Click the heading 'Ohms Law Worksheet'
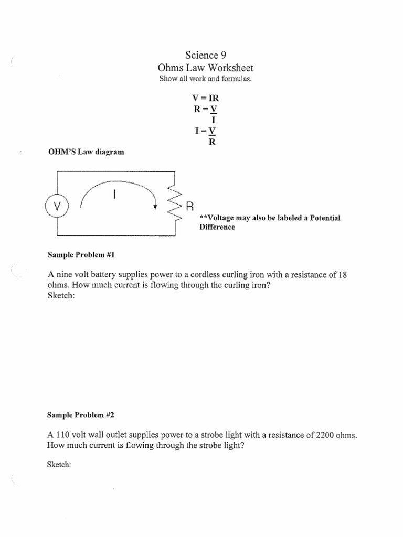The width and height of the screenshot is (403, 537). (x=206, y=68)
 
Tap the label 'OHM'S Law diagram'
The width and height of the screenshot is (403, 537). (x=86, y=152)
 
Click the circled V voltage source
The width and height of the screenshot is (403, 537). (x=58, y=206)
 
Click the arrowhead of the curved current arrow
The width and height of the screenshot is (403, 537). (x=155, y=207)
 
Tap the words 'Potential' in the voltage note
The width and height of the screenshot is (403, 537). (x=322, y=218)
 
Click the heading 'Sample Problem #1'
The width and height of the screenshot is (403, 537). (x=81, y=255)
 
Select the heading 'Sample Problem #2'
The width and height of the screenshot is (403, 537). (x=81, y=415)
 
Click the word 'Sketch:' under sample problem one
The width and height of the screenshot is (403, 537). (x=59, y=296)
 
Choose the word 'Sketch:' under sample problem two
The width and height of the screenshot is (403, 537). (x=59, y=465)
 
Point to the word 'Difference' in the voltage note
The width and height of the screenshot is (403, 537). (x=217, y=227)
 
